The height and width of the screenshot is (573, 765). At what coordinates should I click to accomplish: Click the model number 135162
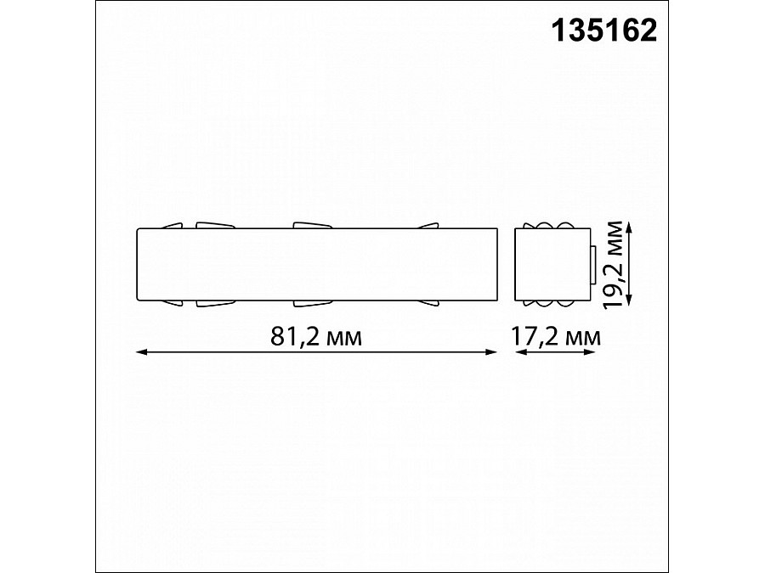point(604,31)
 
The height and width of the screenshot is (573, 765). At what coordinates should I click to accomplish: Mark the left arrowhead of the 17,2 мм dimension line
point(519,351)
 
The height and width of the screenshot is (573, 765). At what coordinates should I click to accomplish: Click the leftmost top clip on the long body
point(173,225)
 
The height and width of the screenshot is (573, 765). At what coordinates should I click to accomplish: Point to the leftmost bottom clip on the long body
point(173,301)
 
